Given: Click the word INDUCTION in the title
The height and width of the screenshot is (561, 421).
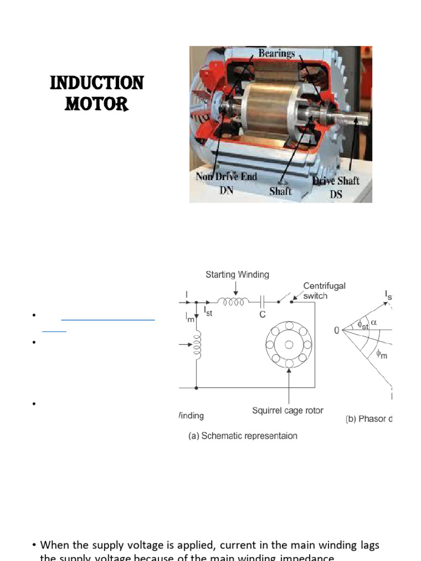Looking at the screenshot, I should point(96,83).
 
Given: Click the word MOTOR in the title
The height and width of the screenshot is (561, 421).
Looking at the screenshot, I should point(96,104).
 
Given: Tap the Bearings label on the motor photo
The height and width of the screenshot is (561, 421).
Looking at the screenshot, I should point(276,53).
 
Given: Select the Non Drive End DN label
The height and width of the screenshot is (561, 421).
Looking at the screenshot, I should point(226,182).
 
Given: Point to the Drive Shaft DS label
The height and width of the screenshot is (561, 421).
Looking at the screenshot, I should point(335,186).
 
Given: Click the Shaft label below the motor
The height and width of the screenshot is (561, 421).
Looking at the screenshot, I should point(281,191).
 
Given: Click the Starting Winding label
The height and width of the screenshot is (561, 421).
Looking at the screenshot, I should point(237,274).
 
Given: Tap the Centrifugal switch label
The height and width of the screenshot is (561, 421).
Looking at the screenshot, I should point(325,290).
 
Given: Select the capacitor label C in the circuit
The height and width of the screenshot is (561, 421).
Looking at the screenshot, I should point(263,316).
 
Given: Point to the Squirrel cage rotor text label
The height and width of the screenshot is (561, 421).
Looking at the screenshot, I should point(288,410).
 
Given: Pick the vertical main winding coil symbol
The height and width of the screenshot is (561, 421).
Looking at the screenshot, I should point(197,346).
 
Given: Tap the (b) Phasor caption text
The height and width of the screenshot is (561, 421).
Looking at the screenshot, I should point(368,419).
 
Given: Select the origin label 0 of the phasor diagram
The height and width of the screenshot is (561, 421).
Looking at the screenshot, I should point(337,330).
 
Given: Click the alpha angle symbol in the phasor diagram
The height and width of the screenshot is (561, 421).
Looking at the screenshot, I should point(374,323).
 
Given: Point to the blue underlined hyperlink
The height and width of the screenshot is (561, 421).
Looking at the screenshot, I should point(107,319).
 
